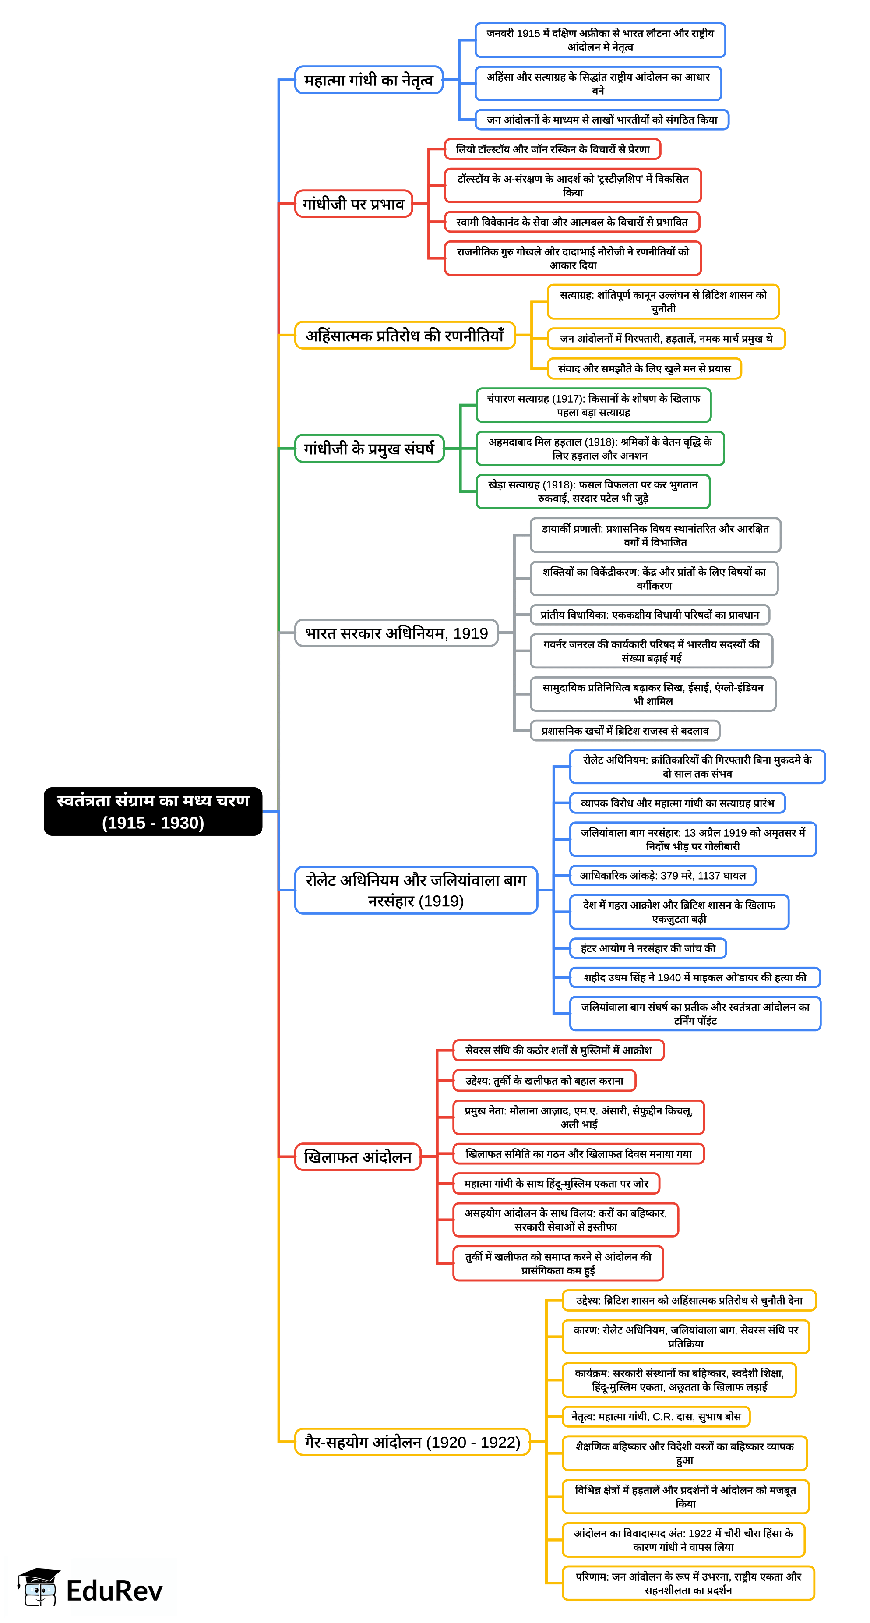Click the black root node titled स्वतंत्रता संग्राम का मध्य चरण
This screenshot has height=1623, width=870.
tap(152, 811)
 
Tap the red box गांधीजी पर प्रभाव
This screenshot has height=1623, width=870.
tap(353, 204)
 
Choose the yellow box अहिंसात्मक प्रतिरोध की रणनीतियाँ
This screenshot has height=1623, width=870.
tap(404, 335)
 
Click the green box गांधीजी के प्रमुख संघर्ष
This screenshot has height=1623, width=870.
tap(369, 448)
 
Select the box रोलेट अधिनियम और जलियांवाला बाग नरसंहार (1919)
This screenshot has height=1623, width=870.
tap(416, 890)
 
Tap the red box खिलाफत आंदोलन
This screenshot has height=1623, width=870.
tap(358, 1157)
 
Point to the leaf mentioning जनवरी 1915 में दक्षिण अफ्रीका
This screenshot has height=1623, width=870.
tap(599, 40)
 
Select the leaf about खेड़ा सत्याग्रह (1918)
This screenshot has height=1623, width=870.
tap(592, 491)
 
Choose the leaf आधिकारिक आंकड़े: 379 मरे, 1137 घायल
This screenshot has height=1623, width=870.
tap(662, 875)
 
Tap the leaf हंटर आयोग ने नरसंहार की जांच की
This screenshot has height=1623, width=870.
tap(647, 948)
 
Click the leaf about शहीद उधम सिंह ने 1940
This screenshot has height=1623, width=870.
tap(694, 977)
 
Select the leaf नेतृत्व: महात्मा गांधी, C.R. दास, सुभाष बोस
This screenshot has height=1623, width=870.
tap(655, 1416)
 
